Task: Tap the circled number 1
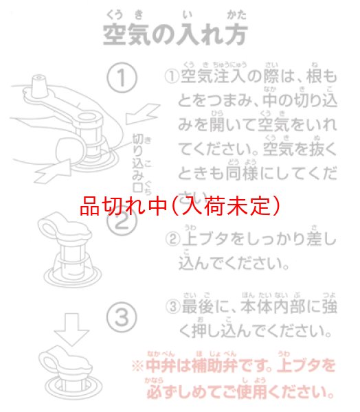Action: click(122, 78)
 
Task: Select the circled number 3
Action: click(122, 317)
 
